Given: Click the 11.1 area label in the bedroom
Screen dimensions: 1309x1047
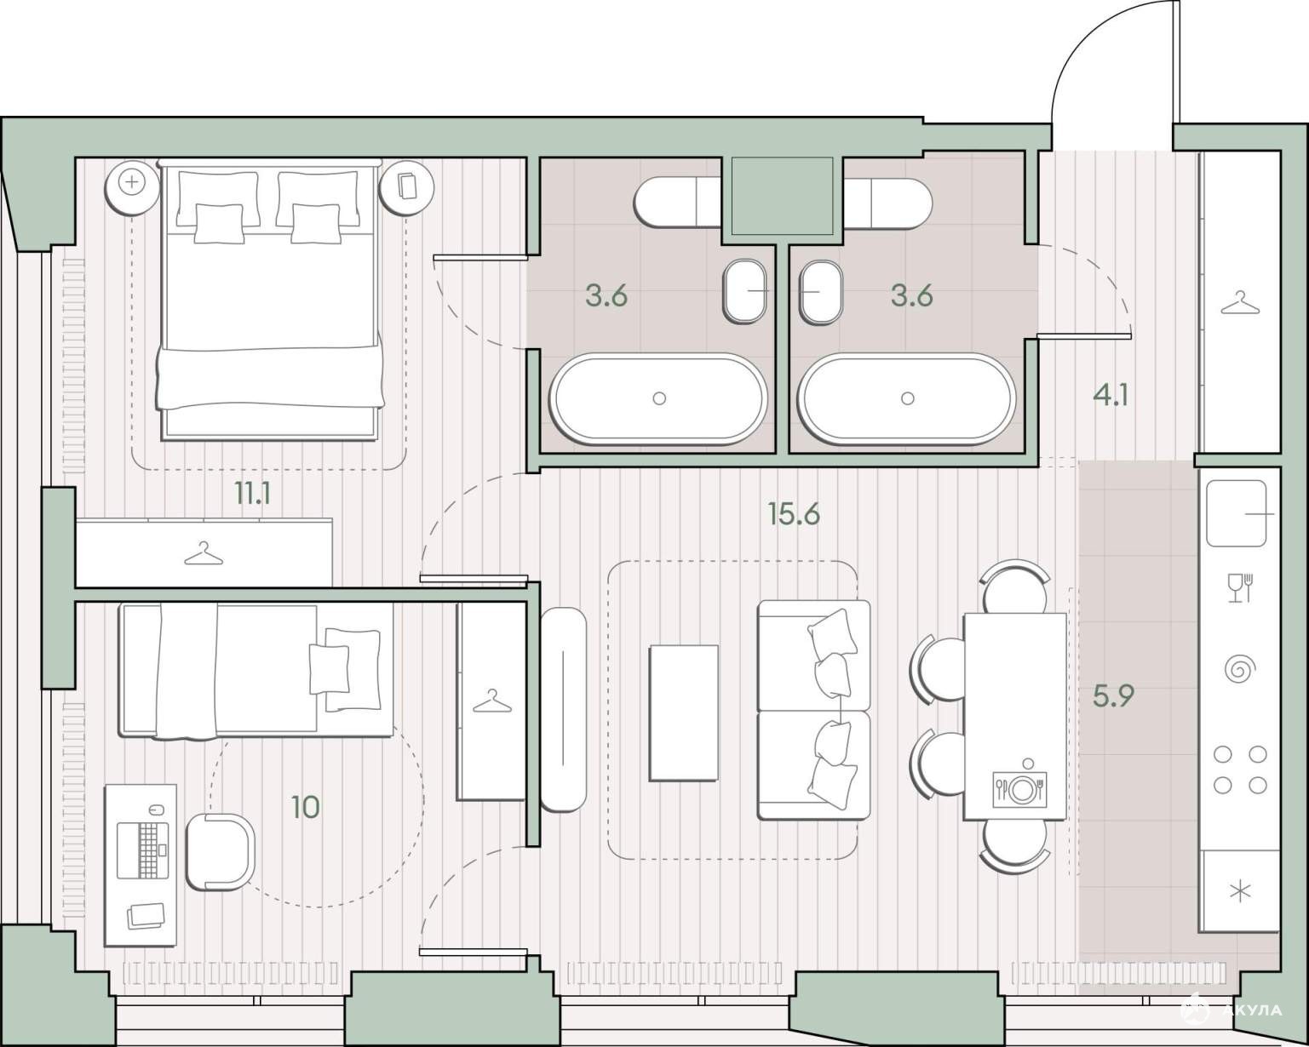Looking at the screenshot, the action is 253,493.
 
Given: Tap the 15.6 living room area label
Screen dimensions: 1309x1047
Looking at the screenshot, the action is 794,514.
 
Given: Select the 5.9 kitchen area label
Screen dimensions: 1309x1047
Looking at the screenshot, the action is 1113,695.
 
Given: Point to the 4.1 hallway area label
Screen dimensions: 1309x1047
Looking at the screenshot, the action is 1111,396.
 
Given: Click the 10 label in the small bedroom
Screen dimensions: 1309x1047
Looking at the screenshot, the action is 306,808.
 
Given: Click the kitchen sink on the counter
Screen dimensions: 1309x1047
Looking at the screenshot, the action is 1237,514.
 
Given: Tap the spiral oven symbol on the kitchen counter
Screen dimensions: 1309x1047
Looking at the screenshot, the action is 1240,669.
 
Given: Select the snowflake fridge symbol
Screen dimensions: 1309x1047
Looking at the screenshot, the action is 1240,893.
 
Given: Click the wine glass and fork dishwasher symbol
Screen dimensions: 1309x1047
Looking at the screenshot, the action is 1240,588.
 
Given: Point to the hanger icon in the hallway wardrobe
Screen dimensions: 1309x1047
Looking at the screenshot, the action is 1240,303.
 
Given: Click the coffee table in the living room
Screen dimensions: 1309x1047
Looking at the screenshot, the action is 684,712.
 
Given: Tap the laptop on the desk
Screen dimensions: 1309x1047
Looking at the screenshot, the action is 142,850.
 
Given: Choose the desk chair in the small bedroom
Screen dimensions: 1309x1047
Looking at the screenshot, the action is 220,852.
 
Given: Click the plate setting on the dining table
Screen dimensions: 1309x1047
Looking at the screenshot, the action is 1019,789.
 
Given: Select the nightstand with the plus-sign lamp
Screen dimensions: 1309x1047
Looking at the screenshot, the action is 132,187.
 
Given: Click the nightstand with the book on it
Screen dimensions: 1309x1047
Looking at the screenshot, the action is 406,187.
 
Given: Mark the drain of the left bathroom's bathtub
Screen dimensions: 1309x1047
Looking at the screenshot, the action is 658,398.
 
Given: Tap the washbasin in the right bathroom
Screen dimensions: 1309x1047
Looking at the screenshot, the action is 821,292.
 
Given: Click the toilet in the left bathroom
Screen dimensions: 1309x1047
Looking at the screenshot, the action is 677,203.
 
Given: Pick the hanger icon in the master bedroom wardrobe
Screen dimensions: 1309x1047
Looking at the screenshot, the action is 204,553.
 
